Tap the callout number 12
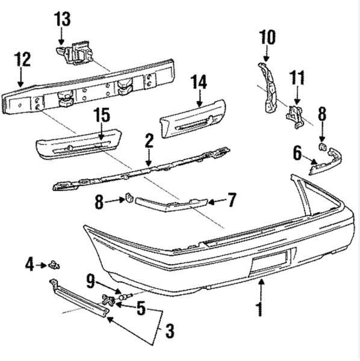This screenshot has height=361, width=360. tap(22, 59)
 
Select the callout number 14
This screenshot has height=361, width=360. tap(199, 82)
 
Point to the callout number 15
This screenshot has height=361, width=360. tap(102, 115)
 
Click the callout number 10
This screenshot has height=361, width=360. tap(267, 37)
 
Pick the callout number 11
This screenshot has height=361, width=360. tap(297, 78)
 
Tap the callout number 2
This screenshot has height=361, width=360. tap(149, 141)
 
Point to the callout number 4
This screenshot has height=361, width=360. tap(29, 265)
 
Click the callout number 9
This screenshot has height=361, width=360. tap(90, 281)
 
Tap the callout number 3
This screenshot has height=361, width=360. tap(170, 331)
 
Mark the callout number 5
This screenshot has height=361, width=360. tap(141, 308)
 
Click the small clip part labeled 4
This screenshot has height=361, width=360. tap(54, 265)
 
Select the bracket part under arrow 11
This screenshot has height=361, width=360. tap(294, 116)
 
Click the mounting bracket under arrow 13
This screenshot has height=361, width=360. tap(75, 54)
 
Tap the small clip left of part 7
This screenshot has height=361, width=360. tap(129, 198)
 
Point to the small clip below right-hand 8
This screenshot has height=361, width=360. tap(322, 147)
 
